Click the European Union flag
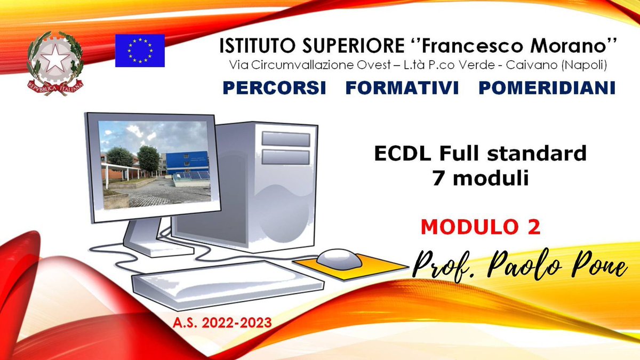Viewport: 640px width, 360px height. click(x=140, y=50)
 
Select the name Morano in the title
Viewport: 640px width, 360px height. click(x=576, y=47)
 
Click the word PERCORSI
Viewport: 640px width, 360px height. click(x=274, y=88)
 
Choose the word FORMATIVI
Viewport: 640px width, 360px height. click(x=402, y=88)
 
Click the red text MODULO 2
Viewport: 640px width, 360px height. click(x=481, y=227)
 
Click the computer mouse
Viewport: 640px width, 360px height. click(x=340, y=259)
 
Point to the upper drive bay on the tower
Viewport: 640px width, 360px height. click(x=285, y=139)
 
